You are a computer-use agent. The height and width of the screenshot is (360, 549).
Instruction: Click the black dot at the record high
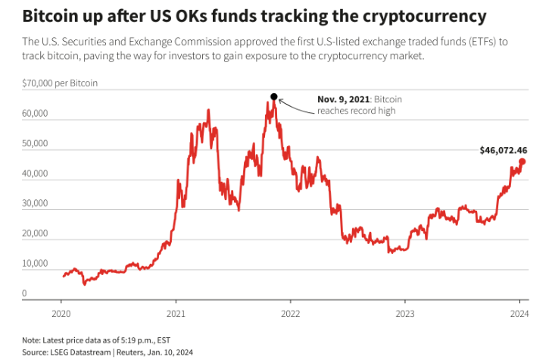pyautogui.click(x=274, y=97)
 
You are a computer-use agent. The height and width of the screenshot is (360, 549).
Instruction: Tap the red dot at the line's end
pyautogui.click(x=522, y=161)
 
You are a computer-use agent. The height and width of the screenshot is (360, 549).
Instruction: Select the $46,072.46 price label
pyautogui.click(x=503, y=150)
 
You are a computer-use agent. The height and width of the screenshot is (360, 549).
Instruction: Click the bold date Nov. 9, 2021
pyautogui.click(x=345, y=99)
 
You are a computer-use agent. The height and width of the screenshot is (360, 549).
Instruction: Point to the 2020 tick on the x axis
pyautogui.click(x=61, y=312)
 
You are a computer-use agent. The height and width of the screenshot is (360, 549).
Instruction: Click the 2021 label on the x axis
pyautogui.click(x=176, y=312)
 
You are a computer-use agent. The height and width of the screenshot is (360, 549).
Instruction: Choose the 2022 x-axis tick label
pyautogui.click(x=290, y=312)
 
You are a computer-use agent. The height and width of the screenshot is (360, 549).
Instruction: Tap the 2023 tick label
pyautogui.click(x=405, y=312)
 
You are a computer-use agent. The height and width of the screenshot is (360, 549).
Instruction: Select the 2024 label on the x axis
pyautogui.click(x=519, y=312)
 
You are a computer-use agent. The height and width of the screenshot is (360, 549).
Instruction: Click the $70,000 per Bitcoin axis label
pyautogui.click(x=60, y=83)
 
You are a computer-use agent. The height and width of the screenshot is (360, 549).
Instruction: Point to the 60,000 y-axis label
pyautogui.click(x=35, y=114)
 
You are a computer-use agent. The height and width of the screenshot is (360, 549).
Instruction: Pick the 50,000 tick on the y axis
pyautogui.click(x=35, y=143)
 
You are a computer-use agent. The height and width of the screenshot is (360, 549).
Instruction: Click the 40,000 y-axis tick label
pyautogui.click(x=35, y=174)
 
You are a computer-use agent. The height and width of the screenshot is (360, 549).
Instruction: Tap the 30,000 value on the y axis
pyautogui.click(x=35, y=203)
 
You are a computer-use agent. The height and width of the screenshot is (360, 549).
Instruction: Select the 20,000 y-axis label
pyautogui.click(x=35, y=233)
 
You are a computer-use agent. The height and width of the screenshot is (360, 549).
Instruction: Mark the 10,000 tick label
pyautogui.click(x=35, y=263)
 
